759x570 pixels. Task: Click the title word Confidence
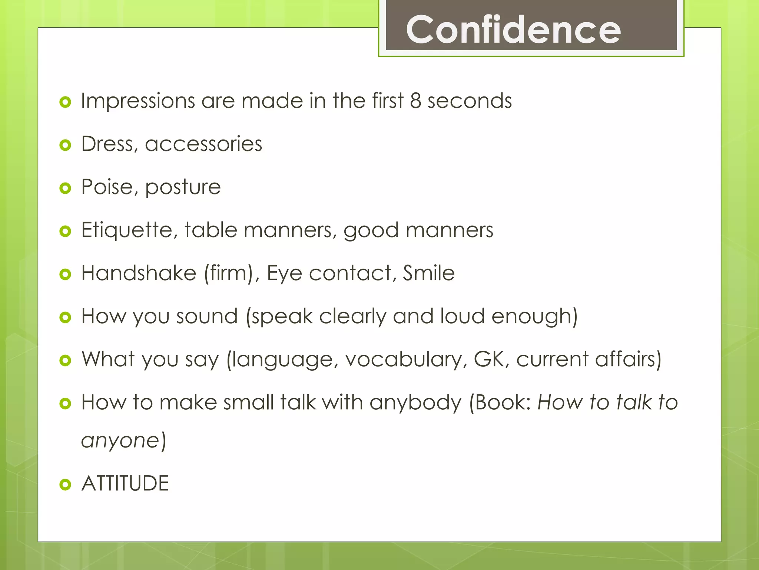pos(513,30)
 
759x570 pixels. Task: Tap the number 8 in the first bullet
pos(415,101)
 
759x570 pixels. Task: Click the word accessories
pos(203,144)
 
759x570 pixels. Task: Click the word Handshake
pos(139,273)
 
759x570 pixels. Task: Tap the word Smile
pos(429,273)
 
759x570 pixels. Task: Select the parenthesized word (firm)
pos(229,273)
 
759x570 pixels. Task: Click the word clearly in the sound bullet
pos(353,317)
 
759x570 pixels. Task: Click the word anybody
pos(415,403)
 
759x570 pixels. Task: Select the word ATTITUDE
pos(125,484)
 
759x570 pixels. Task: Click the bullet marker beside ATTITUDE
pos(65,484)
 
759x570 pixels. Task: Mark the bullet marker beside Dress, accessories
pos(65,145)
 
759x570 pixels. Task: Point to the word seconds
pos(470,101)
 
